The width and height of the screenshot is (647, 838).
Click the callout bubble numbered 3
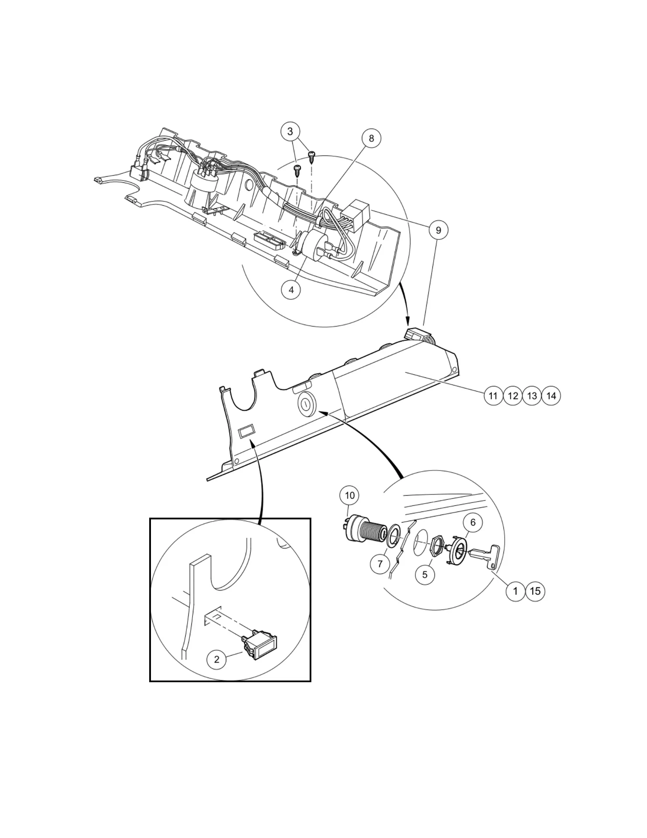[x=291, y=131]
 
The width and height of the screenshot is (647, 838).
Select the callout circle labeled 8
[x=371, y=138]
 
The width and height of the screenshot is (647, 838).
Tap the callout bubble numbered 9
[x=438, y=230]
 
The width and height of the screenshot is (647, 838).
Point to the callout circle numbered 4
[x=291, y=290]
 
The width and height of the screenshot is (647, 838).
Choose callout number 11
[x=493, y=396]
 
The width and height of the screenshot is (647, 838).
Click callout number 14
[x=551, y=396]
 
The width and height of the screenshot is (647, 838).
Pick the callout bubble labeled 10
[x=349, y=495]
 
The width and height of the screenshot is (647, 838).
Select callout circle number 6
[x=472, y=522]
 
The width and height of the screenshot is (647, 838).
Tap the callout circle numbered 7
[x=380, y=564]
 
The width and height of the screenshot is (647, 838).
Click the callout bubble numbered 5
[x=425, y=574]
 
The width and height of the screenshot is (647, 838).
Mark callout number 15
[x=535, y=591]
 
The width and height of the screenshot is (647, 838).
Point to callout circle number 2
[x=217, y=659]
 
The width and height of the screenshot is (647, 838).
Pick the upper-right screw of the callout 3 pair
[x=312, y=156]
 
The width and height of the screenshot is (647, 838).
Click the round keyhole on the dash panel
[x=306, y=404]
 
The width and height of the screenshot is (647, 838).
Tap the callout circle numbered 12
[x=513, y=396]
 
